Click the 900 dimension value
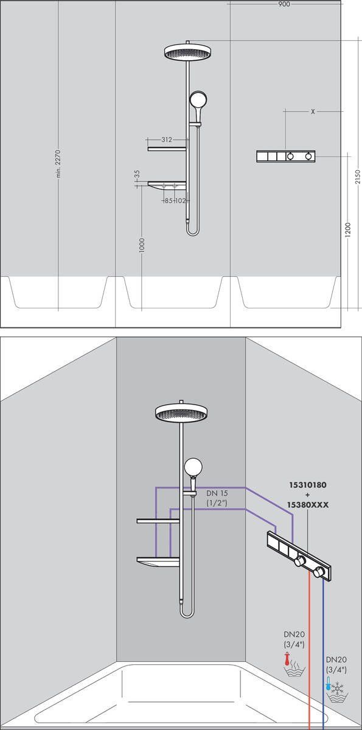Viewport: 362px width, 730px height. point(284,4)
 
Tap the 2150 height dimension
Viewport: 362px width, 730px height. point(358,176)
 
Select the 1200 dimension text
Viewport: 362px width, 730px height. point(347,229)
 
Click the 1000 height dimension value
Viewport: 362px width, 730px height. point(141,245)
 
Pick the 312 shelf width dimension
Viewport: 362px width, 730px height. point(167,140)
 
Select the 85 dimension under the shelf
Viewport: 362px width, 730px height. point(169,200)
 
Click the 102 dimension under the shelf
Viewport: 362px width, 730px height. point(180,200)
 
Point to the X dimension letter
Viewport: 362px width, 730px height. point(313,112)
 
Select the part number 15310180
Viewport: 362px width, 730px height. point(307,487)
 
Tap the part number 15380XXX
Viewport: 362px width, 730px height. point(307,505)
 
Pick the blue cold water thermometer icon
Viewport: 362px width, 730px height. point(329,684)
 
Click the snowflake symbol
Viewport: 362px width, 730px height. point(338,686)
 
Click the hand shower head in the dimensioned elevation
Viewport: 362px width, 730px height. point(198,100)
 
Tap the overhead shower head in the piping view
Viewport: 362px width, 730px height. point(181,413)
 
